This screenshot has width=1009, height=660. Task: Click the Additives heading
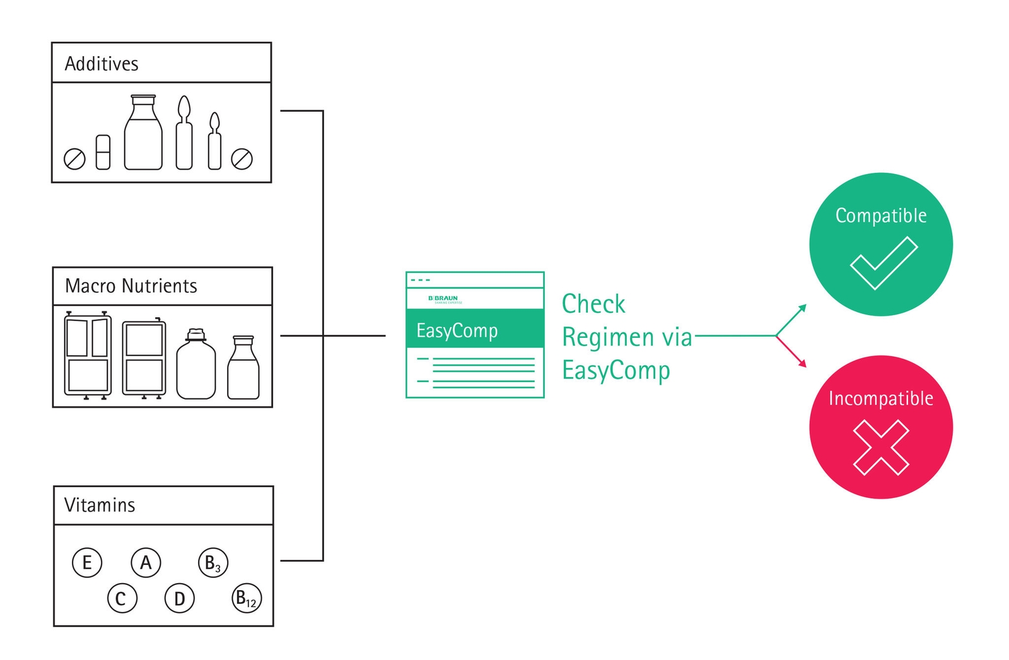pyautogui.click(x=102, y=64)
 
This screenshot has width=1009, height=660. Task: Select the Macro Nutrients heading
pyautogui.click(x=131, y=286)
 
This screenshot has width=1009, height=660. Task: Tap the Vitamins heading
pyautogui.click(x=100, y=505)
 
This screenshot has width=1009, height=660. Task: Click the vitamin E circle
pyautogui.click(x=87, y=562)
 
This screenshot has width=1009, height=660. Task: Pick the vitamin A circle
pyautogui.click(x=146, y=562)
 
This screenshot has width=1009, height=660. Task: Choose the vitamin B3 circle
pyautogui.click(x=213, y=562)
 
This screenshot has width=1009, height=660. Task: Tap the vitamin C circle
pyautogui.click(x=121, y=598)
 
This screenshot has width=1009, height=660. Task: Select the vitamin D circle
pyautogui.click(x=180, y=598)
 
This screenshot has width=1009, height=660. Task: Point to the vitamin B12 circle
pyautogui.click(x=247, y=598)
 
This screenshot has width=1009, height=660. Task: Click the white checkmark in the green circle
pyautogui.click(x=884, y=263)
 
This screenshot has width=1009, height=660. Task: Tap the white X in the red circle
pyautogui.click(x=881, y=448)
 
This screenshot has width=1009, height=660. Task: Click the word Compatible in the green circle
pyautogui.click(x=881, y=216)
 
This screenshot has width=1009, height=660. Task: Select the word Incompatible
pyautogui.click(x=881, y=398)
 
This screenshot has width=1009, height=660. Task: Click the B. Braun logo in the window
pyautogui.click(x=444, y=299)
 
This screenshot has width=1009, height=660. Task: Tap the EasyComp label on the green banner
pyautogui.click(x=457, y=330)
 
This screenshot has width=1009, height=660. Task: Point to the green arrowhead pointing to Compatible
pyautogui.click(x=802, y=308)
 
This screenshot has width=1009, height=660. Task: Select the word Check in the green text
pyautogui.click(x=593, y=304)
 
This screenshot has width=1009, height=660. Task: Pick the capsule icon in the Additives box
pyautogui.click(x=103, y=152)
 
